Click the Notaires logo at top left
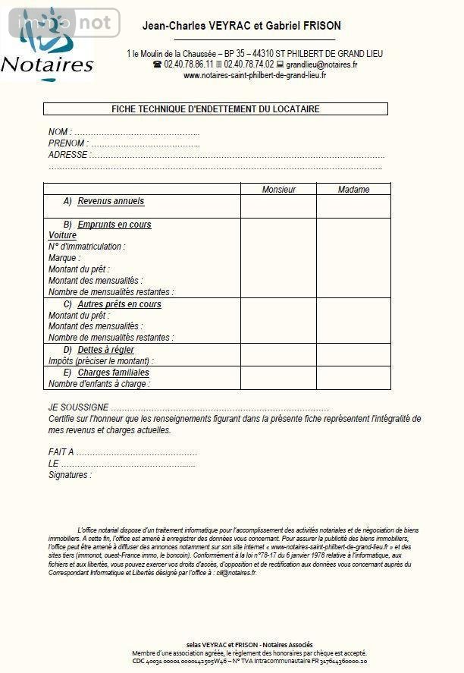pos(47,46)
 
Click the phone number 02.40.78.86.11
pos(188,65)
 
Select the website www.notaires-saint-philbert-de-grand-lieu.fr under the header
pos(255,75)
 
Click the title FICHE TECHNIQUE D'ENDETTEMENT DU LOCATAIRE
pos(215,109)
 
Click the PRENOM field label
pos(67,143)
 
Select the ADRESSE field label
pos(69,155)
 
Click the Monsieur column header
pos(278,190)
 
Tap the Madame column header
pos(353,190)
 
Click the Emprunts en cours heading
pos(114,225)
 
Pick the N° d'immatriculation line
pos(86,247)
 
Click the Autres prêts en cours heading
pos(119,304)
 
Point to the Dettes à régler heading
pos(105,350)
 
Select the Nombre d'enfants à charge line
pos(99,384)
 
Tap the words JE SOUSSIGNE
pos(78,408)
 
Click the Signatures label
pos(70,475)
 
